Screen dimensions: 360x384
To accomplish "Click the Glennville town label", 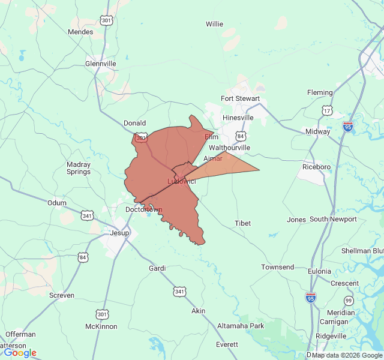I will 100,63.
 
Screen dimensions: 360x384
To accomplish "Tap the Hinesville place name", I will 238,118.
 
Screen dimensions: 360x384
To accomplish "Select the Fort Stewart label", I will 240,98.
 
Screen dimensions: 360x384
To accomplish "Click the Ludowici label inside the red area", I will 181,181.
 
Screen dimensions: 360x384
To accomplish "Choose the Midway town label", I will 317,131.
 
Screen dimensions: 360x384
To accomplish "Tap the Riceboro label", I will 317,167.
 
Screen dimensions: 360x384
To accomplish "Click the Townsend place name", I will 277,266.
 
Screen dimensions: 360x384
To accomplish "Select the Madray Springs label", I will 79,168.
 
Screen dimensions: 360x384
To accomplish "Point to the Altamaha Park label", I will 240,326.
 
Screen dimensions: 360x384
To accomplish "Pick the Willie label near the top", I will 214,24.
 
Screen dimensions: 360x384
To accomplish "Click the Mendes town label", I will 80,32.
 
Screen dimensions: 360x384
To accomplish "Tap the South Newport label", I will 333,219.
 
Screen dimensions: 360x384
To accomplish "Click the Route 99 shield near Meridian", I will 349,300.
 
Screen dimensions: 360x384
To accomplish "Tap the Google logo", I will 20,353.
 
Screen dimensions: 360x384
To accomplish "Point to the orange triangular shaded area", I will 231,165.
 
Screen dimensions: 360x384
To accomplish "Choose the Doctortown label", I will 144,209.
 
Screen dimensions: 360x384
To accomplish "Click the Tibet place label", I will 242,223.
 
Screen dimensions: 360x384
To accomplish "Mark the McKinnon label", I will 101,326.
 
